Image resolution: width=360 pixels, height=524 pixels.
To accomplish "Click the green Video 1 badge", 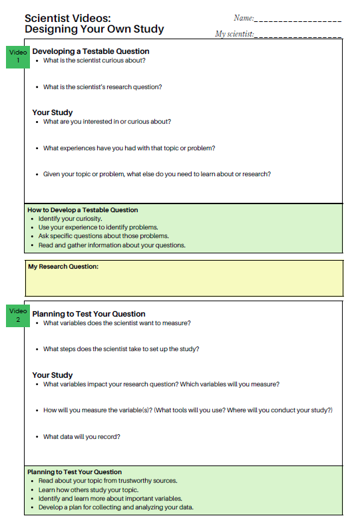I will coord(19,57).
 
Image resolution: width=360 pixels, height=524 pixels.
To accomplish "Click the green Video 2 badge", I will coord(19,315).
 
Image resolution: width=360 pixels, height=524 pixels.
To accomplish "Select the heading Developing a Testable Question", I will coord(90,51).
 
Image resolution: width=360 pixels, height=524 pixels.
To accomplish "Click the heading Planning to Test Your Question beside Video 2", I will coord(89,314).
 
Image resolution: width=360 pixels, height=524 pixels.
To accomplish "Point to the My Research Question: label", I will coord(63,267).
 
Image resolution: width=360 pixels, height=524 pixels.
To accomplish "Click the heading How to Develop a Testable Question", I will coord(83,210).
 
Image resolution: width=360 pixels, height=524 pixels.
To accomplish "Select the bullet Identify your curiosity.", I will coord(70,219).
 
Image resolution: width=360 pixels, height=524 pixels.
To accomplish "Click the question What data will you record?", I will coord(82,437).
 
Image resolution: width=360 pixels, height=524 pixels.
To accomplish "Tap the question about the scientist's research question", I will coord(102,87).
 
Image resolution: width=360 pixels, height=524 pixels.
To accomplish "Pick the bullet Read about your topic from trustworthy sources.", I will coord(108,481).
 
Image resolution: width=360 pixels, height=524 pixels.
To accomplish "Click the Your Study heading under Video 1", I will coord(53,112).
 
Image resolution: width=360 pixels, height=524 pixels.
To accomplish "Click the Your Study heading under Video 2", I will coord(53,375).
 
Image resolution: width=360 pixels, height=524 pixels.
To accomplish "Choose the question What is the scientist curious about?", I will coord(94,61).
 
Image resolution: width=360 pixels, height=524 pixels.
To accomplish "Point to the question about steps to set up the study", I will coord(121,349).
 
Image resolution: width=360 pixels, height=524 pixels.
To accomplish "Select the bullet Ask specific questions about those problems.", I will coord(103,236).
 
